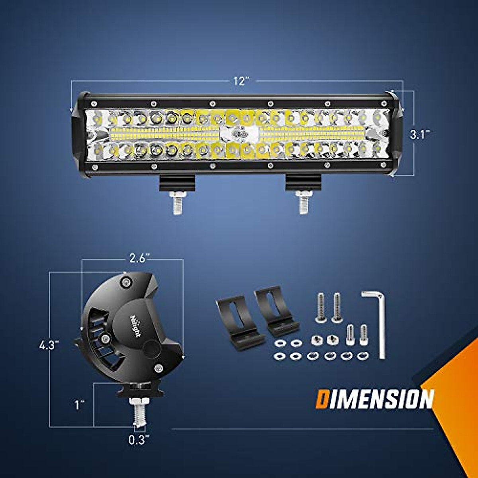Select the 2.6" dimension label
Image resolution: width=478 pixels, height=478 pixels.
[139, 258]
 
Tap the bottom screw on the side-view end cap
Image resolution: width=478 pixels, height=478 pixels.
[158, 368]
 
